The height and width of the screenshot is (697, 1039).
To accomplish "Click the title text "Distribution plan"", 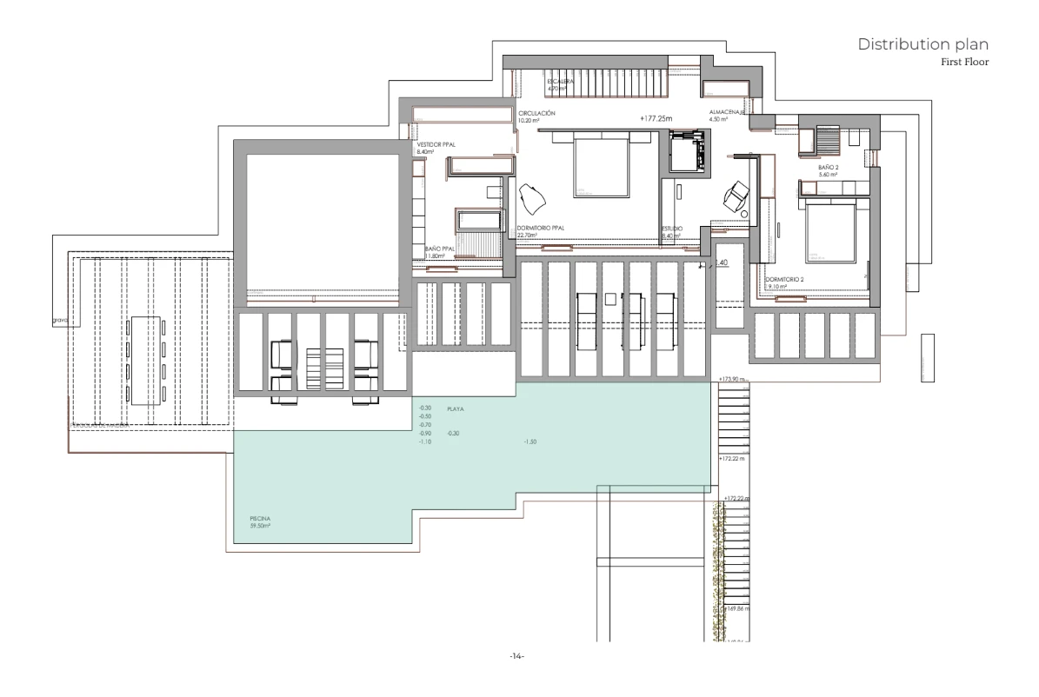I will click(x=922, y=44).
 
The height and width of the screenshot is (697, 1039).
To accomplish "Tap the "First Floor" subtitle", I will click(x=965, y=63).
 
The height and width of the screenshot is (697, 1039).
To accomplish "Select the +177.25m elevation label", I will click(x=657, y=118).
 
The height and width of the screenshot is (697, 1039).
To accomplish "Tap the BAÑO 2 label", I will click(x=828, y=169).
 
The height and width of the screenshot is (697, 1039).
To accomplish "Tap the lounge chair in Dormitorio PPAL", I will click(x=531, y=199).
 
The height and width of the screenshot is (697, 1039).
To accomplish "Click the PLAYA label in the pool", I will click(x=455, y=408).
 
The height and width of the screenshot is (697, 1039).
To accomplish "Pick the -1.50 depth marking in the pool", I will click(x=531, y=442).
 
